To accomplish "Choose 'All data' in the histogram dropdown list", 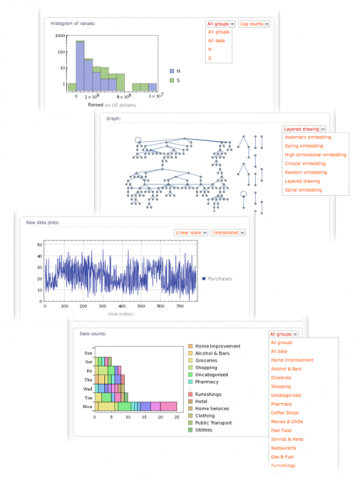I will click(217, 40).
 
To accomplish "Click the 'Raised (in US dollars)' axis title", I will click(111, 104).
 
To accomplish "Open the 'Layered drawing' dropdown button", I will click(285, 129).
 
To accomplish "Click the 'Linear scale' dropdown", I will click(190, 232).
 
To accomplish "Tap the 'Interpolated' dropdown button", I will click(229, 232).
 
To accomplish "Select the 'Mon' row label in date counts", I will click(86, 408).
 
